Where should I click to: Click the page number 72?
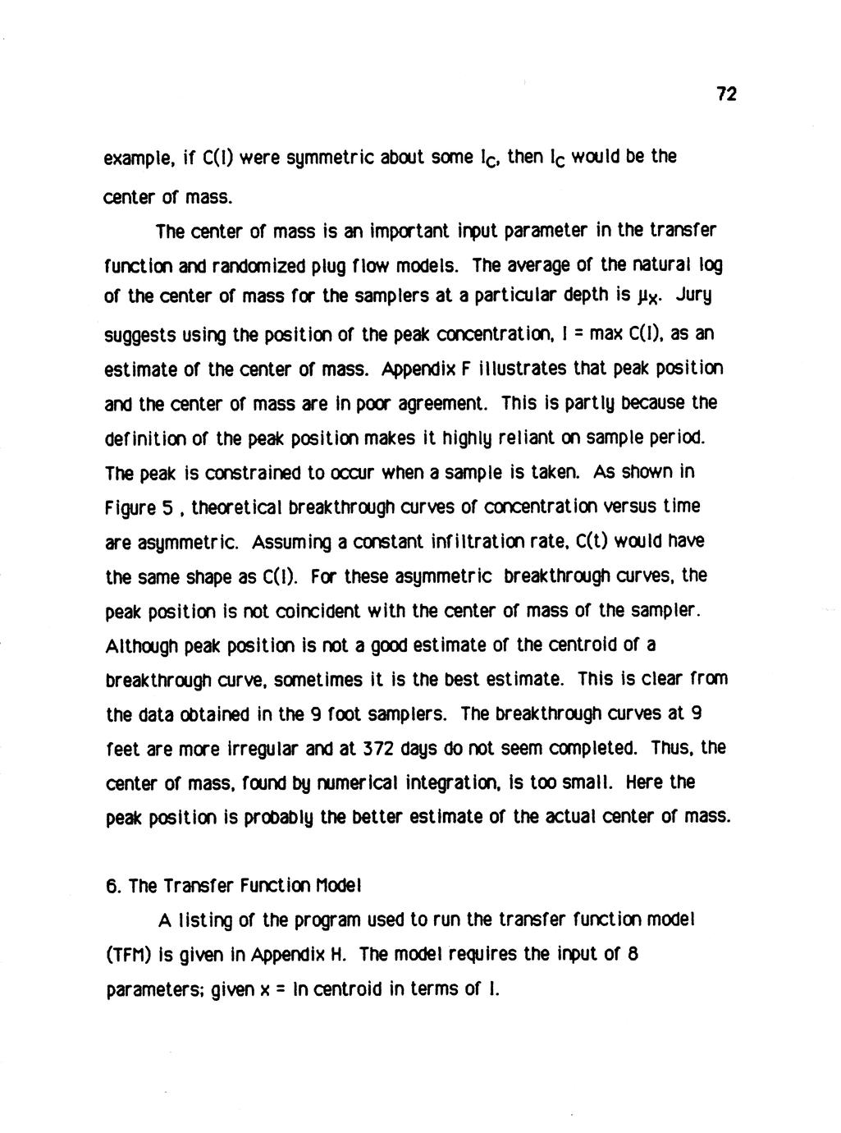(726, 94)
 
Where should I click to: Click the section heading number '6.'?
(114, 886)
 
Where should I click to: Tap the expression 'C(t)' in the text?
(606, 542)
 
